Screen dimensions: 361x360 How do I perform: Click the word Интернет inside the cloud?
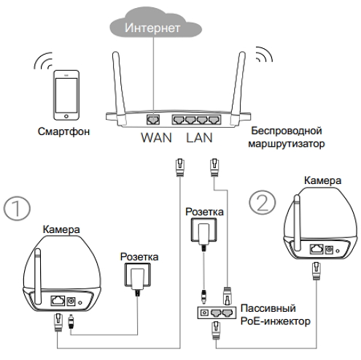point(152,28)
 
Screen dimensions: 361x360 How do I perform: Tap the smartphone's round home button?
point(66,116)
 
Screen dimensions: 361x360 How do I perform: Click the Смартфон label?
point(63,131)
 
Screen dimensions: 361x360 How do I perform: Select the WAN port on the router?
point(153,120)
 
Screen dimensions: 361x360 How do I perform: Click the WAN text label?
point(157,138)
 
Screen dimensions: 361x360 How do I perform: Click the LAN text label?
point(199,138)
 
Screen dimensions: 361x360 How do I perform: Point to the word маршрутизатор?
point(287,144)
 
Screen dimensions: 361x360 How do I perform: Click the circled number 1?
point(17,209)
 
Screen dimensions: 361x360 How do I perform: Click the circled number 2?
point(263,202)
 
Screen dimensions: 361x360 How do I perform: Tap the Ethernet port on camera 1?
point(58,301)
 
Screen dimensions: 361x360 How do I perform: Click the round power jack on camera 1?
point(71,302)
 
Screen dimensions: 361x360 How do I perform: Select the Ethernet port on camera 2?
point(317,249)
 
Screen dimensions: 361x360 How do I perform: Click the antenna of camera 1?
point(38,276)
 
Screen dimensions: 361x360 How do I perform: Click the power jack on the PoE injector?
point(204,313)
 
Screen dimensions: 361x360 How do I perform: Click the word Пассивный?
point(268,309)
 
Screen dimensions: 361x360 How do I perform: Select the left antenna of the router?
point(119,85)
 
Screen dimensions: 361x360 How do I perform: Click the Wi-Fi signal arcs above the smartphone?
point(43,61)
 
